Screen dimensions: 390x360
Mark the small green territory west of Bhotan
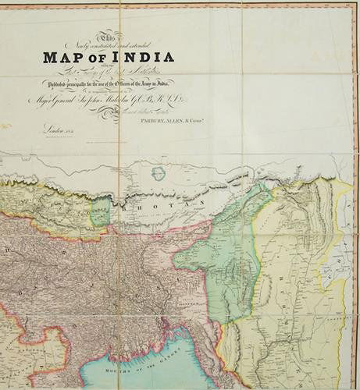99,211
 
